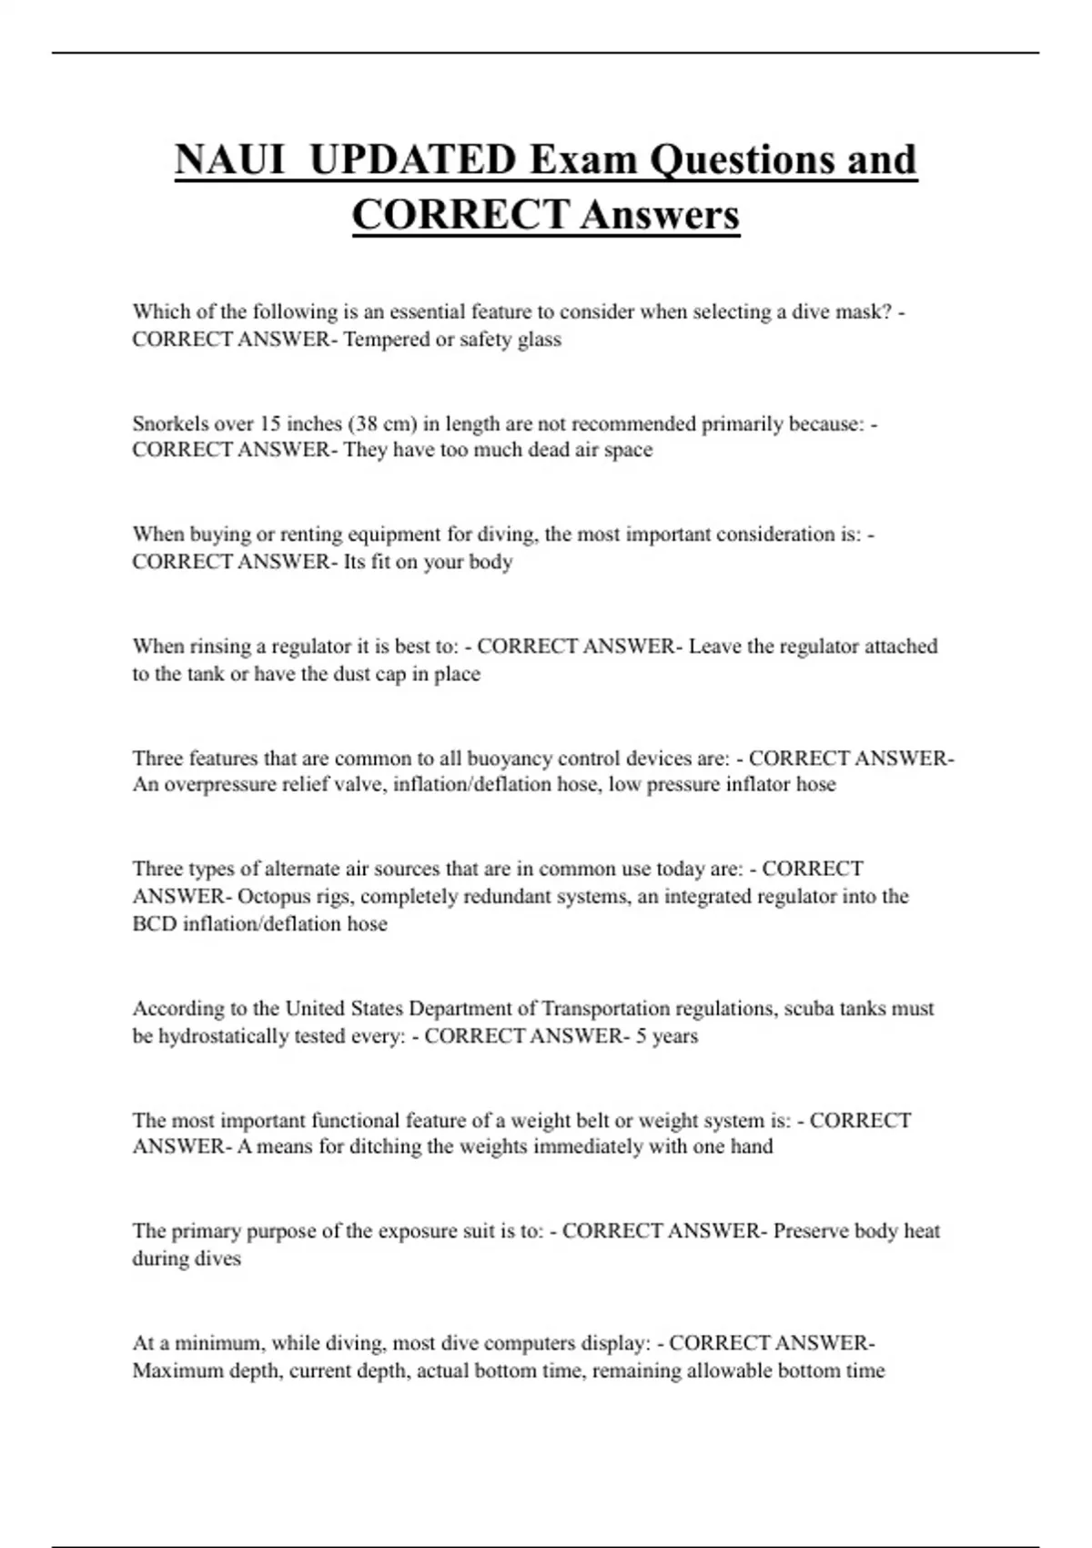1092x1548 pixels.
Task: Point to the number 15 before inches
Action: click(270, 423)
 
